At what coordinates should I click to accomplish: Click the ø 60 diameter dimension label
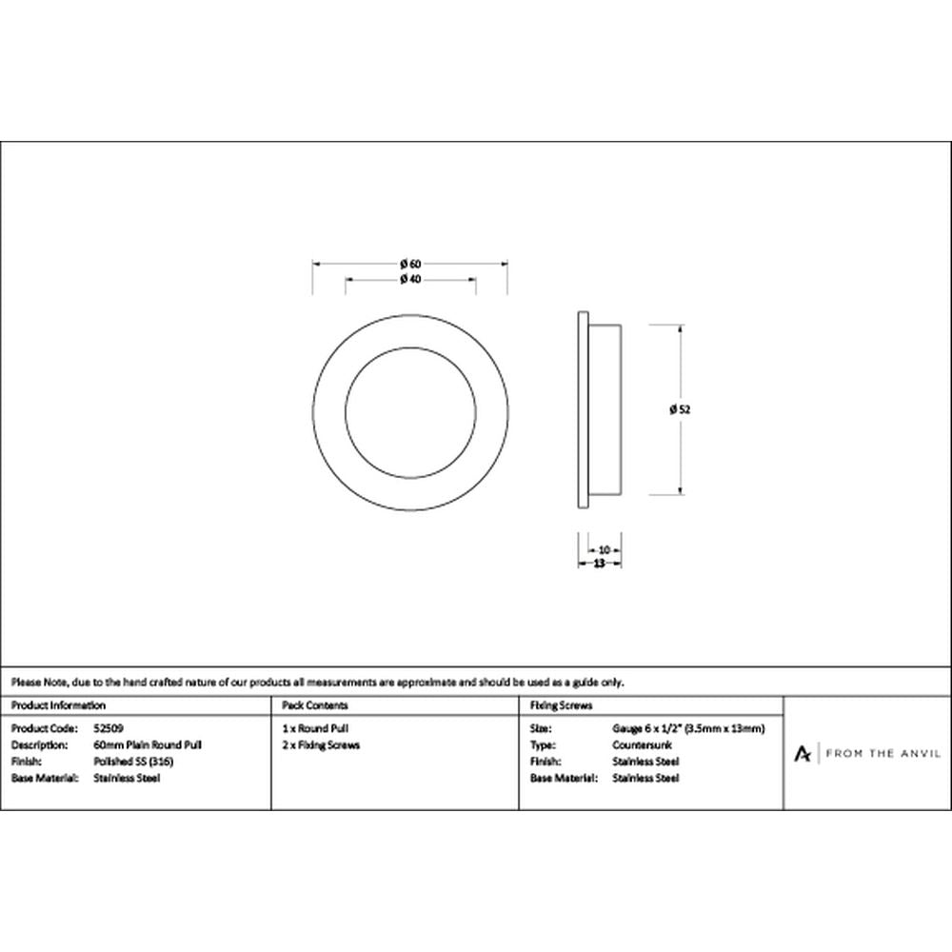[410, 264]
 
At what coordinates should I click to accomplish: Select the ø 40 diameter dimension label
[410, 279]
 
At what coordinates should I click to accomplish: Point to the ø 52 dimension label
[680, 409]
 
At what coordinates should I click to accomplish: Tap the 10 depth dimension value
[605, 550]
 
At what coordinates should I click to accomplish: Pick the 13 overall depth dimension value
[599, 564]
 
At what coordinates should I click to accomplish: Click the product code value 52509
[109, 728]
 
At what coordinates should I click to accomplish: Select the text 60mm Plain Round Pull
[148, 745]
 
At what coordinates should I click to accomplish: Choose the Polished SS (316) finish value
[133, 762]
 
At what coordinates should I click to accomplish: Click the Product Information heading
[58, 705]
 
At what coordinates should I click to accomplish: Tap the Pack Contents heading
[315, 705]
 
